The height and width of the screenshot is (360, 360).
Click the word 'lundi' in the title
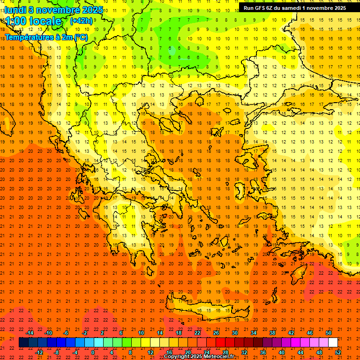[x=15, y=9]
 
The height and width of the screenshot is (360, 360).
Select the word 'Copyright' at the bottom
[x=177, y=357]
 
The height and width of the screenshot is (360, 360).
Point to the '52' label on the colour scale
[x=338, y=352]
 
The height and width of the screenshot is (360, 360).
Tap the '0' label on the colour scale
[x=93, y=352]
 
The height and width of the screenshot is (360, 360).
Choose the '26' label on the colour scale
[x=216, y=333]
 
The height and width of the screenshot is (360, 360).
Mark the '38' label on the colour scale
[x=272, y=333]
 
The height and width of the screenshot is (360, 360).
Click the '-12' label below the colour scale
[x=39, y=352]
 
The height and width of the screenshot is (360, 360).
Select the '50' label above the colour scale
[x=328, y=333]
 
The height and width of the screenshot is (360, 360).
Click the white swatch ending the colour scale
[x=333, y=343]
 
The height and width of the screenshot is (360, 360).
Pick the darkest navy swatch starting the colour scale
[x=23, y=343]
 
